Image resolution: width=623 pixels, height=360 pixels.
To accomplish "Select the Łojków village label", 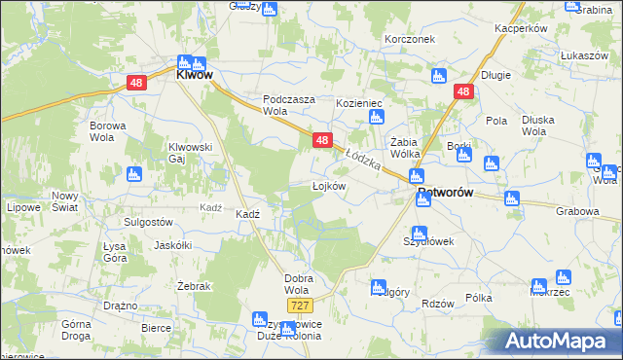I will point(328,185).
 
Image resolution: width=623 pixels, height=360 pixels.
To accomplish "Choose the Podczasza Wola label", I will point(290,105).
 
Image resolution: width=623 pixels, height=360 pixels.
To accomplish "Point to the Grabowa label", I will point(578,209).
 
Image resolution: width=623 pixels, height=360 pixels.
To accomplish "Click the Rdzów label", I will point(440,303).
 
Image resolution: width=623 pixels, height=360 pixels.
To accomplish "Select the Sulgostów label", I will point(148,222).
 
